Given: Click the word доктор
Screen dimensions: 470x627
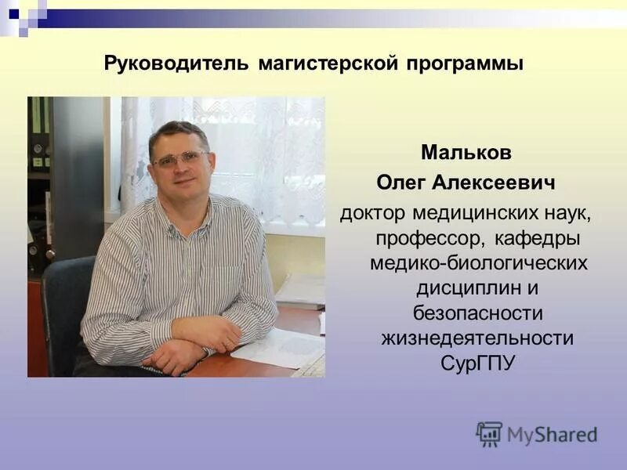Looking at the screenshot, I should [x=372, y=213].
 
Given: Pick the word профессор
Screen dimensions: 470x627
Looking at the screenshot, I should [x=420, y=238].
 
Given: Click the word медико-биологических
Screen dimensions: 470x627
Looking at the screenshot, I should [x=478, y=263].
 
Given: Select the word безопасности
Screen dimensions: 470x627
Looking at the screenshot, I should [x=478, y=313].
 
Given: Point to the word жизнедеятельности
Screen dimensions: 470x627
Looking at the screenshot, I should [x=477, y=338].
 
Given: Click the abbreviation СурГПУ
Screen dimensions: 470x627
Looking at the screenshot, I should [x=477, y=363].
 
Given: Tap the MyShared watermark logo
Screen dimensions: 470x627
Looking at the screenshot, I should [x=536, y=433].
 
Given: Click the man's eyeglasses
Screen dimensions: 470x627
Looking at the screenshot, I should [x=179, y=160].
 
